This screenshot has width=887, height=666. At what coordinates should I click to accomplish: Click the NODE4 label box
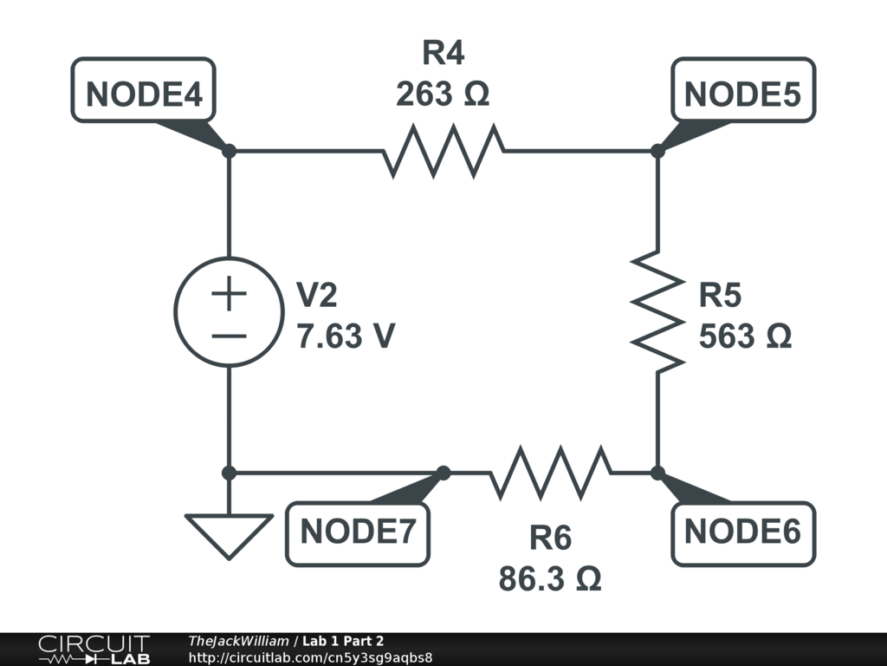click(144, 90)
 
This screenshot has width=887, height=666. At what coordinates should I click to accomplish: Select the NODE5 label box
click(743, 90)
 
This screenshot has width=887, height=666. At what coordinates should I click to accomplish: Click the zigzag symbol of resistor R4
click(443, 151)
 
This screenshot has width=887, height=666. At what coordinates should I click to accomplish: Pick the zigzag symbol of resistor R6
click(550, 473)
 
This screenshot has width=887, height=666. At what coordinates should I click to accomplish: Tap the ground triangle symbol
click(230, 534)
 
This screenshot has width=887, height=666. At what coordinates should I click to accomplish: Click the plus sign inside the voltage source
click(230, 295)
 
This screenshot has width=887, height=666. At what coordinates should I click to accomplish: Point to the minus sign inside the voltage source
click(230, 336)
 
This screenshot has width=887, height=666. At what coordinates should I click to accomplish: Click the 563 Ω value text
click(745, 336)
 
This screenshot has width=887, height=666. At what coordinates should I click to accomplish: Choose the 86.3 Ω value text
click(550, 578)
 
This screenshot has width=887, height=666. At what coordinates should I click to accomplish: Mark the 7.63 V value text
click(346, 336)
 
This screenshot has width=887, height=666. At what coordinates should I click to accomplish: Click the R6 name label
click(550, 539)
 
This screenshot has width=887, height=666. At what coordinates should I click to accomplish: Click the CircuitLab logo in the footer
click(94, 650)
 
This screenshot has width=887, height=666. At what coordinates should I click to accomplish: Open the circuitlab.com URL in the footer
click(310, 657)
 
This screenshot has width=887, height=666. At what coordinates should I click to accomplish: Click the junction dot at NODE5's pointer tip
click(657, 151)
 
